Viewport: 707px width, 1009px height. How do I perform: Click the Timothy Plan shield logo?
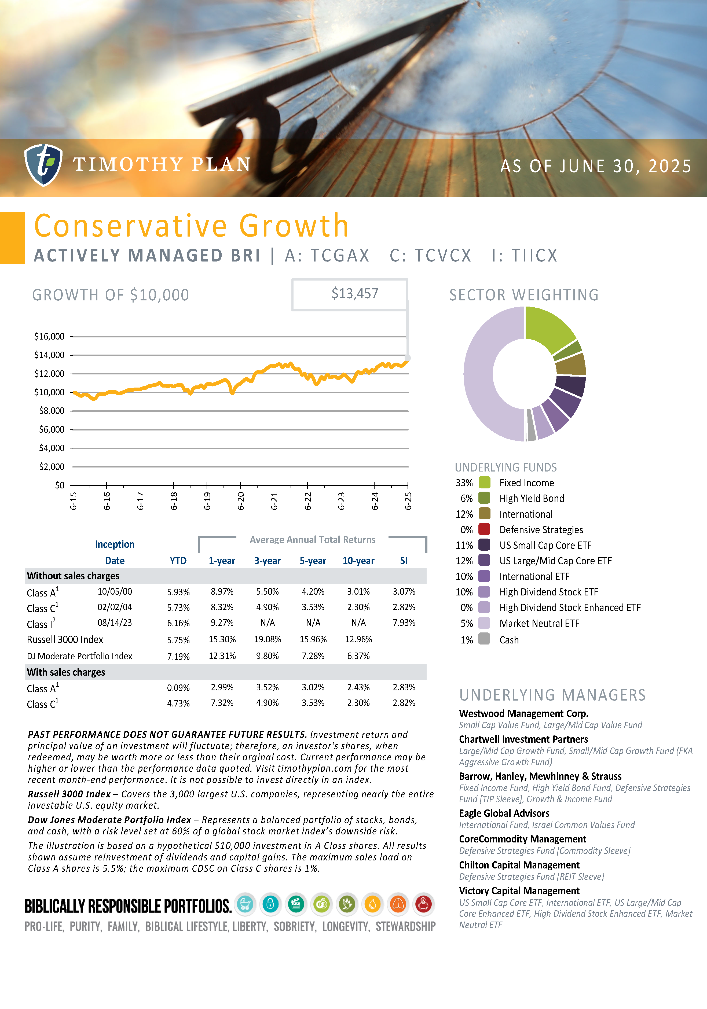[43, 165]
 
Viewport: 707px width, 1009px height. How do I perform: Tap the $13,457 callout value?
[354, 294]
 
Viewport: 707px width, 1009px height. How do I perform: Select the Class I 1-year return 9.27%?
[222, 623]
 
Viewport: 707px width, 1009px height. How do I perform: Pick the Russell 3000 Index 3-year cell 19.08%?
[267, 639]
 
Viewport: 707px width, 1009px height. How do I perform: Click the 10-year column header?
[358, 561]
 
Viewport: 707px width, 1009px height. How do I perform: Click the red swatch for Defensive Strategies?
[484, 529]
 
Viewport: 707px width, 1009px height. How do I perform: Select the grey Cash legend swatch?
[484, 639]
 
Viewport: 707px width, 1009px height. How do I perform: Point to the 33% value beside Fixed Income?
[464, 483]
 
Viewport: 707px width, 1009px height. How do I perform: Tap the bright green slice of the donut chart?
[547, 327]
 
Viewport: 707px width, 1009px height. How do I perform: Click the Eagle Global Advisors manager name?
[504, 813]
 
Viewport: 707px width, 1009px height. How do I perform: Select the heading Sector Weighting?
[524, 295]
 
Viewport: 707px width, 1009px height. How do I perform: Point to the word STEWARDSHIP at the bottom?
[405, 927]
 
